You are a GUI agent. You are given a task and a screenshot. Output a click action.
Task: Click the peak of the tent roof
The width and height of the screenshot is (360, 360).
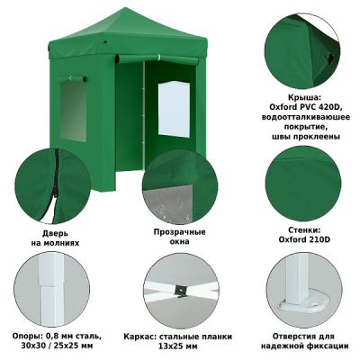click(123, 8)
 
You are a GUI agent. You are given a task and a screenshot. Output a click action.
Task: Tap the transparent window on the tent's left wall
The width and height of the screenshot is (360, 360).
click(73, 111)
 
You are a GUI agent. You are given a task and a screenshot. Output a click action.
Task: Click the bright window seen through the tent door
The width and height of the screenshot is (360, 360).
click(174, 109)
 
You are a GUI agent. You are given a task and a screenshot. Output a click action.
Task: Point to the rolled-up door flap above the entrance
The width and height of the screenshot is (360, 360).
click(157, 58)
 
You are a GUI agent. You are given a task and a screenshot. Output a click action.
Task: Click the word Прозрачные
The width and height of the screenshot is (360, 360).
click(180, 232)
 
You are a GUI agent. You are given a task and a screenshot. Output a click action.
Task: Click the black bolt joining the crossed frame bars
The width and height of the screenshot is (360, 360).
click(181, 291)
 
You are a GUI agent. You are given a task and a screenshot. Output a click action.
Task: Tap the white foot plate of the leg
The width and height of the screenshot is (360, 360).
click(301, 304)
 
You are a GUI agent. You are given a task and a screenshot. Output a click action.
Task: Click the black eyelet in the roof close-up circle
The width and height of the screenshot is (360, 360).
click(330, 58)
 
